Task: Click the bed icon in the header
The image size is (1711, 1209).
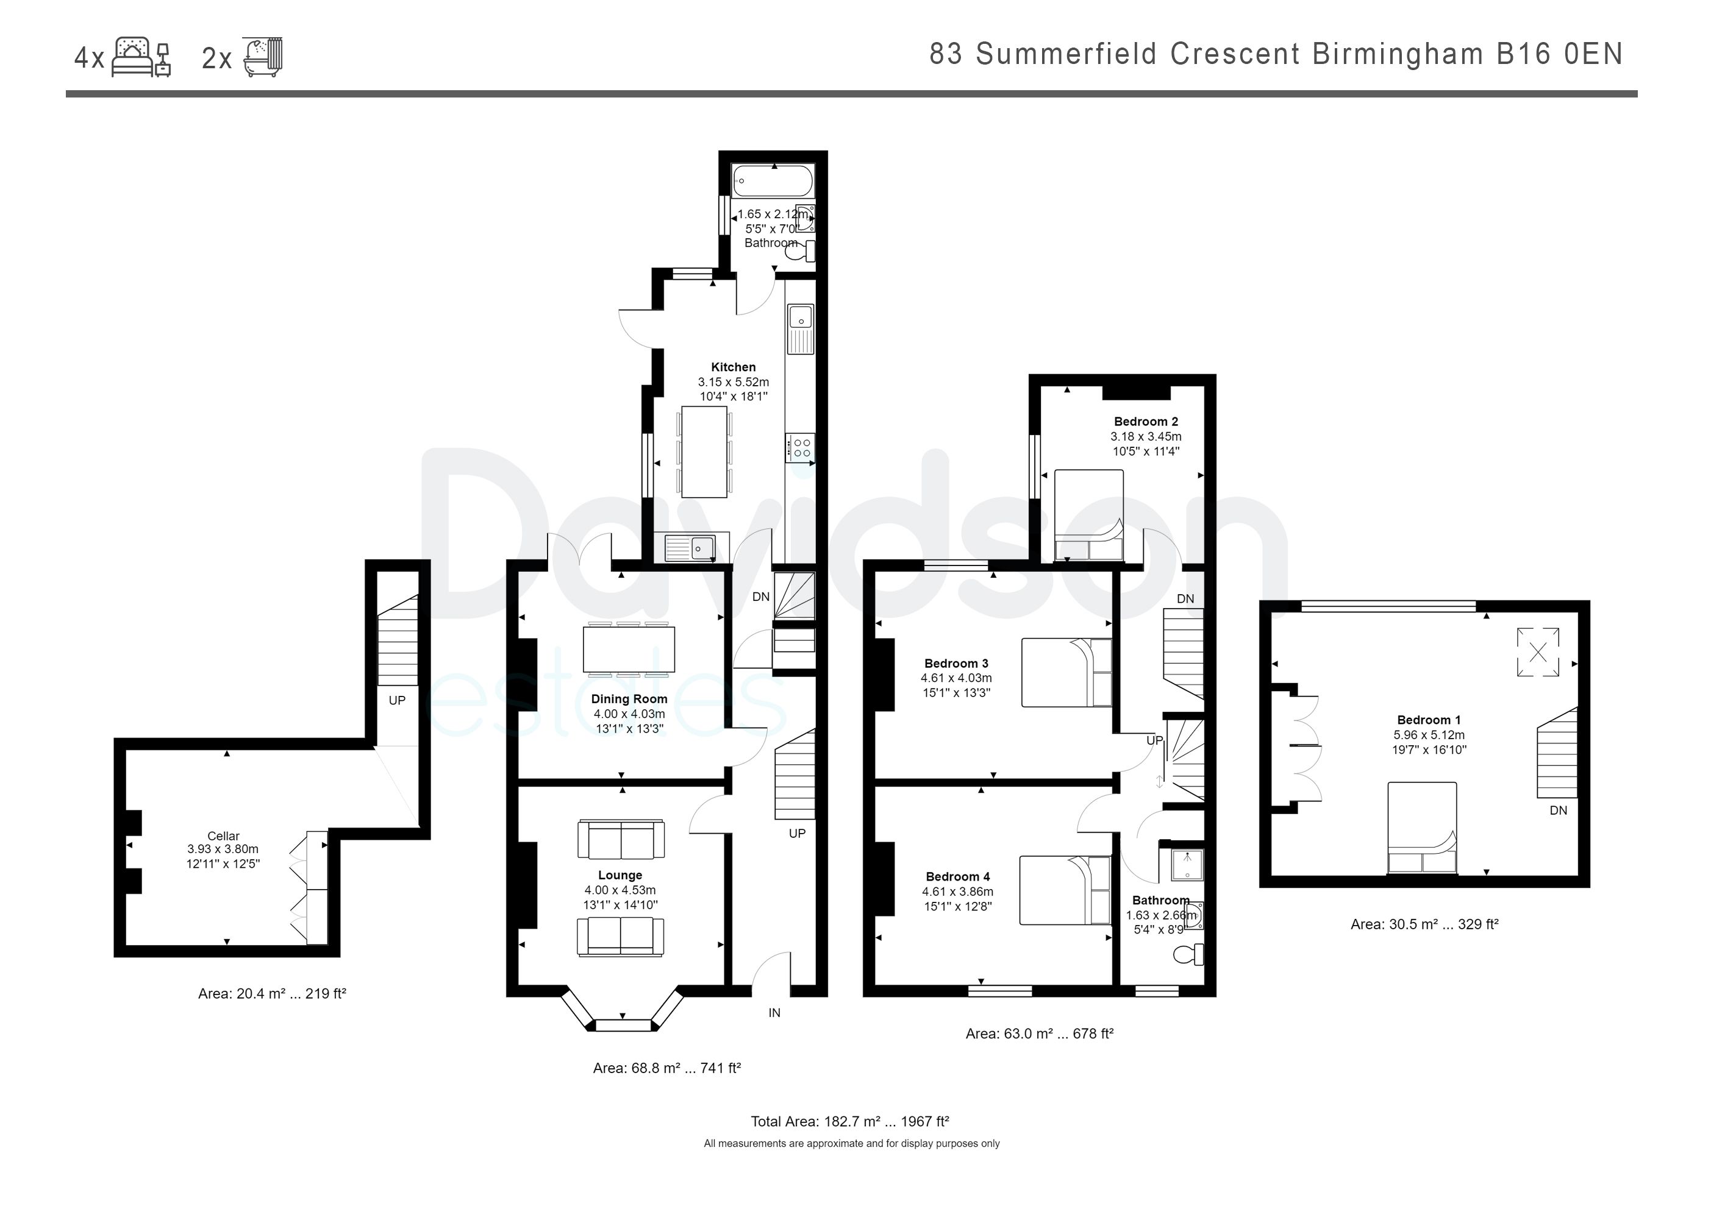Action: [141, 57]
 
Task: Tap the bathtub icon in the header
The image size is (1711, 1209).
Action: [263, 57]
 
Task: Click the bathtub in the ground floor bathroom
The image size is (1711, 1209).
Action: [772, 180]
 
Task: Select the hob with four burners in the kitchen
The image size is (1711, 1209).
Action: [801, 448]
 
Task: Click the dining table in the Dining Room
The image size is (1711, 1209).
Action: [629, 649]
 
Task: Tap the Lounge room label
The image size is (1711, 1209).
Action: [620, 875]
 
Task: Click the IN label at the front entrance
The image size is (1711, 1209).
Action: [774, 1012]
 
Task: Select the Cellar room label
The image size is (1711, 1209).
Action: [224, 836]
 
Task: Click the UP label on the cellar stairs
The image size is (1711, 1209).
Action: [396, 700]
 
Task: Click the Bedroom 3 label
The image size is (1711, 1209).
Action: [956, 663]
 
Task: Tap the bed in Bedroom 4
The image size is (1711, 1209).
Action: [1065, 890]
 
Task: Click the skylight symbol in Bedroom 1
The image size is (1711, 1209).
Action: [1537, 653]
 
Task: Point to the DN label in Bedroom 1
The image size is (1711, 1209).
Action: [1558, 810]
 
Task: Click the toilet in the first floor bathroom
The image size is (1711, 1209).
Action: [1187, 954]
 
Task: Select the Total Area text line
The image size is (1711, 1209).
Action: [849, 1121]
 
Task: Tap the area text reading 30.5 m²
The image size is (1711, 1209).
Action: [1424, 924]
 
